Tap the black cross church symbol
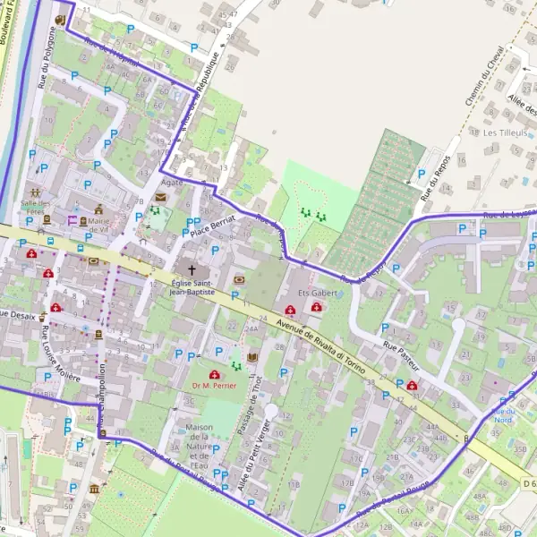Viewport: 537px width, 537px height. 189,268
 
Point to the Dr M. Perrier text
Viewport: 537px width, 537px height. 213,387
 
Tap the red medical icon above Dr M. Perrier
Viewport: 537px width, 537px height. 214,374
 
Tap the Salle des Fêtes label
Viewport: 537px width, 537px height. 37,207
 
